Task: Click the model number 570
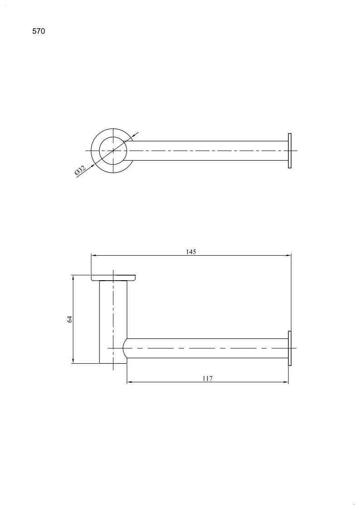[x=39, y=31]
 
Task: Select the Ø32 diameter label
[x=80, y=170]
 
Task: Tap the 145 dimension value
[x=191, y=252]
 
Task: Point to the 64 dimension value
[x=69, y=319]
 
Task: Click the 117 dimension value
[x=207, y=378]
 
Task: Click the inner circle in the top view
[x=99, y=151]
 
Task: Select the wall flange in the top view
[x=290, y=151]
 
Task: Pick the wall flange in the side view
[x=290, y=348]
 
